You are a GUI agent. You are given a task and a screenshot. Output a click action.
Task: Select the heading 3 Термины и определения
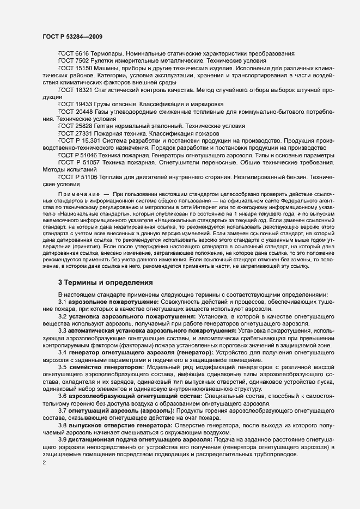tap(106, 282)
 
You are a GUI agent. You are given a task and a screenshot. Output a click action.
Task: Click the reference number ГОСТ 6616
tap(76, 54)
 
